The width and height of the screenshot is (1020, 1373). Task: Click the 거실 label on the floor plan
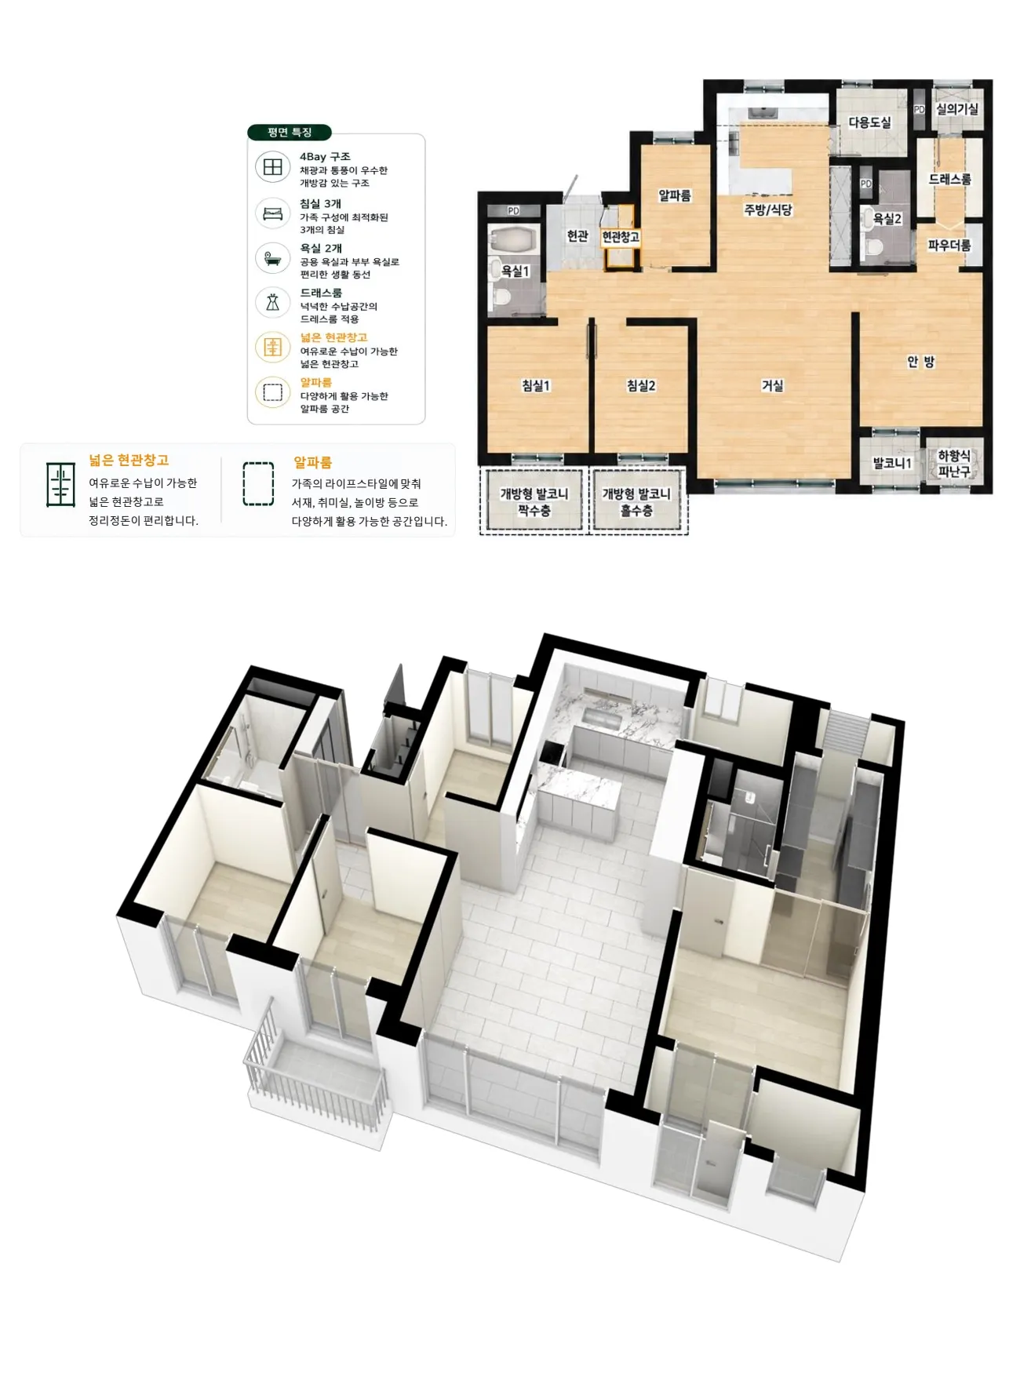point(772,385)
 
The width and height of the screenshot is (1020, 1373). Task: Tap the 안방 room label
point(920,362)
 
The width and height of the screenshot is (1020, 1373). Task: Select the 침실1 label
point(536,385)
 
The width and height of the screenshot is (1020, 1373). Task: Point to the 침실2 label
point(641,385)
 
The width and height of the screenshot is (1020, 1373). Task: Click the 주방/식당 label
point(768,209)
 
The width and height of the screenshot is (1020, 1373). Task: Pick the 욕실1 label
point(515,271)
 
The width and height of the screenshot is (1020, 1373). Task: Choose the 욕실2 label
point(887,219)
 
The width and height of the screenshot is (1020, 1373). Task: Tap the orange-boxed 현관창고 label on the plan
point(621,237)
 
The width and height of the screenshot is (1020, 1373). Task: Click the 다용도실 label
point(870,122)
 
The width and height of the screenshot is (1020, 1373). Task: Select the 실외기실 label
point(957,109)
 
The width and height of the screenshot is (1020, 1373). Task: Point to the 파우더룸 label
point(949,246)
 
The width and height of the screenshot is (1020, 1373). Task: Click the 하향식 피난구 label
point(954,464)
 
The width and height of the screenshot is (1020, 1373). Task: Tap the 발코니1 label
point(892,463)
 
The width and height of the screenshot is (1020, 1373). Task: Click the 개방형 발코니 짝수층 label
point(534,502)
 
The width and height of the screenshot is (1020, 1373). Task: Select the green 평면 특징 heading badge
point(290,133)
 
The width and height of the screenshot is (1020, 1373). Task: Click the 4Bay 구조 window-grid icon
point(272,168)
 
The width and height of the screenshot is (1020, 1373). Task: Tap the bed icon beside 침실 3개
point(272,213)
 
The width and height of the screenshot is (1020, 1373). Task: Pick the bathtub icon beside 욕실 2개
point(272,258)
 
